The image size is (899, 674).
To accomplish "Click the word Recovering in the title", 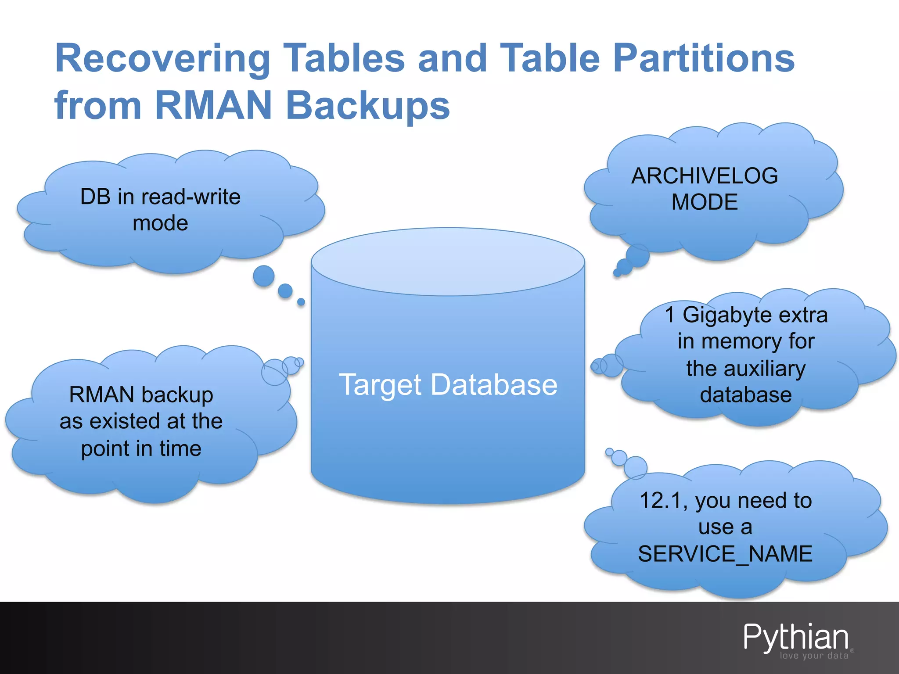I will click(162, 59).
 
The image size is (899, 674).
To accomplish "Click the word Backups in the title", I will click(368, 106).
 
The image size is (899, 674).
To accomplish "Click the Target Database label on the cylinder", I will click(448, 385).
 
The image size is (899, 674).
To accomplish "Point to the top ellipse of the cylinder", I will click(448, 262).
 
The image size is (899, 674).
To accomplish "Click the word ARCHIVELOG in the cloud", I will click(705, 176).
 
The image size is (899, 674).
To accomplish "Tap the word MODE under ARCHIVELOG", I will click(705, 202).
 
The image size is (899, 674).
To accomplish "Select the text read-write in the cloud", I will click(194, 197).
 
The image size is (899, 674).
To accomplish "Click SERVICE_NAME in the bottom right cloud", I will click(725, 553).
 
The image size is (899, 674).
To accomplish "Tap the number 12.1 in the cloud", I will click(663, 500).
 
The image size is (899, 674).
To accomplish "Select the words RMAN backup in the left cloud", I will click(141, 394).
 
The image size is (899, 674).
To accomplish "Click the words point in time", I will click(141, 448).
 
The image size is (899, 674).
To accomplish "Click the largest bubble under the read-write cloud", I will click(264, 276).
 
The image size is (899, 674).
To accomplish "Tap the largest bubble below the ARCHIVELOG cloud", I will click(637, 255).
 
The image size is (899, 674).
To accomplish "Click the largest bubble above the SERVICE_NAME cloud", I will click(635, 467).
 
